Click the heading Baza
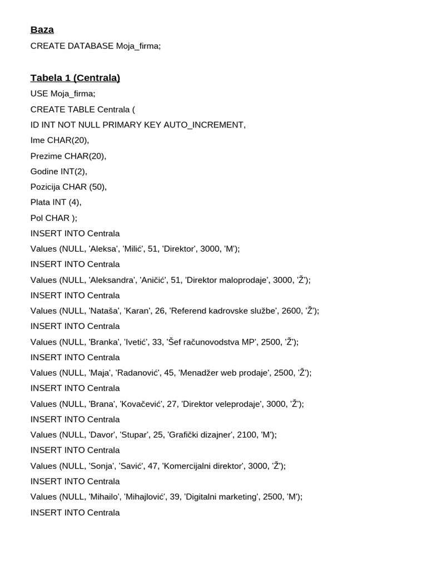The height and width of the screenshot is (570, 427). point(42,30)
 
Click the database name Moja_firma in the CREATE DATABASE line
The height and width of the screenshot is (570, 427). point(137,46)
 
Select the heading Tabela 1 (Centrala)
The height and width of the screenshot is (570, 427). point(75,78)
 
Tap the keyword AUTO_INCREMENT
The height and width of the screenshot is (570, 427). point(204,125)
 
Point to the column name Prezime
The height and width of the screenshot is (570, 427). point(47,156)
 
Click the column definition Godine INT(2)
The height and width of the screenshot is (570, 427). point(58,171)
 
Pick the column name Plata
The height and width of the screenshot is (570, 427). point(41,203)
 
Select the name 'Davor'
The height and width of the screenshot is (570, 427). point(104,435)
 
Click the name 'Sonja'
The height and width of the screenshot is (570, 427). point(103,466)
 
